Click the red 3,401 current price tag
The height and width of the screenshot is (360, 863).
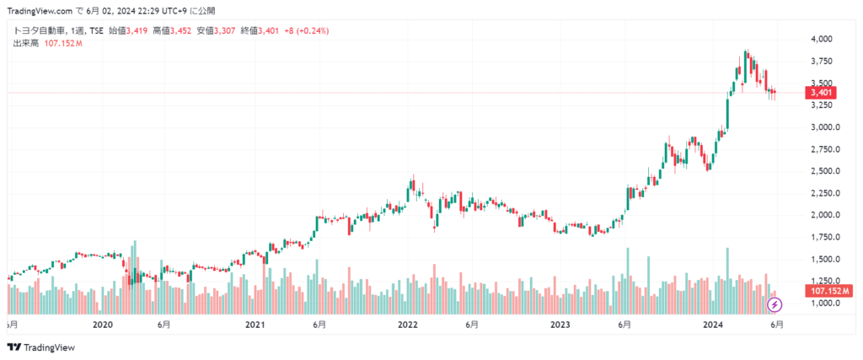tap(821, 93)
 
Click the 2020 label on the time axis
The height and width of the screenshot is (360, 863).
tap(102, 325)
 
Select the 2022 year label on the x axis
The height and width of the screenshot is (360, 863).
tap(408, 325)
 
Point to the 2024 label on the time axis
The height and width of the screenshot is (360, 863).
tap(714, 325)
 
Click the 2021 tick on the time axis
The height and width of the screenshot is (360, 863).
tap(255, 325)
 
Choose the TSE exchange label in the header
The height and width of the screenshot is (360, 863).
tap(95, 31)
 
